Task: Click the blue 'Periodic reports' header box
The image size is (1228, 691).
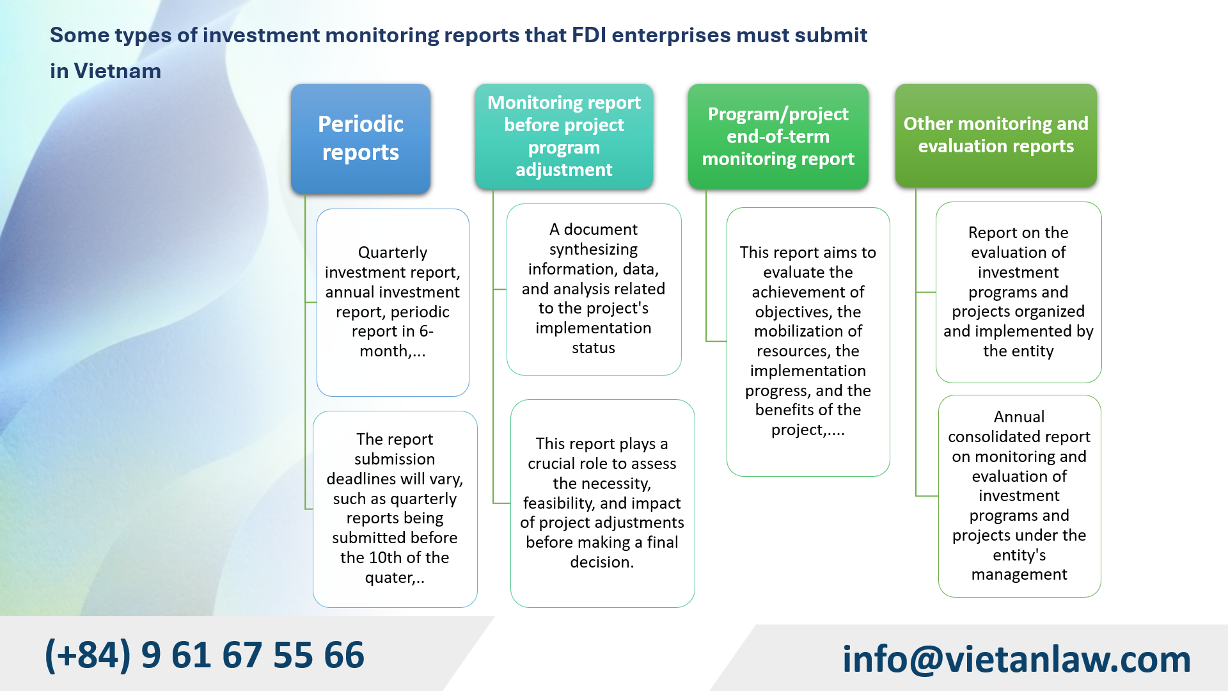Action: coord(361,138)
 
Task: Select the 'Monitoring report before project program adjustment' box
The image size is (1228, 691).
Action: coord(563,136)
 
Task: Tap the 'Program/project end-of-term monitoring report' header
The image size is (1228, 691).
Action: coord(778,136)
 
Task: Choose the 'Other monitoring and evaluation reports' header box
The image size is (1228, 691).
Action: coord(995,135)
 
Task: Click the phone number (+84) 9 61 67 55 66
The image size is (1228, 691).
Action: coord(205,655)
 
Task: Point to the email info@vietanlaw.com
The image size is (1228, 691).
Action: coord(1016,659)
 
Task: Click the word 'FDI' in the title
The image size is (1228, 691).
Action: coord(588,35)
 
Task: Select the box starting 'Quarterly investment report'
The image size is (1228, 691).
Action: coord(393,302)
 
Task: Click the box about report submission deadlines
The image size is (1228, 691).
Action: coord(395,509)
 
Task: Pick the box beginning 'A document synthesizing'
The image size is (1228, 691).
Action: coord(594,289)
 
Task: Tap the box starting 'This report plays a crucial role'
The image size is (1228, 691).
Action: coord(602,503)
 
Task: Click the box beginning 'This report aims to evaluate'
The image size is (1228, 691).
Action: coord(808,341)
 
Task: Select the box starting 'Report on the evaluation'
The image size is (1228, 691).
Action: coord(1018,292)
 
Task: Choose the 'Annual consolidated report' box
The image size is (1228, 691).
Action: coord(1019,496)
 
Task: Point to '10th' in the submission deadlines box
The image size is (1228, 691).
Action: coord(386,558)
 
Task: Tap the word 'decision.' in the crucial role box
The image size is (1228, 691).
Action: coord(602,562)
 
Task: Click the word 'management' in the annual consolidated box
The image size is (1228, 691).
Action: coord(1019,575)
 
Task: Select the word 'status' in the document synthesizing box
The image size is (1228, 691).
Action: coord(594,348)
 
